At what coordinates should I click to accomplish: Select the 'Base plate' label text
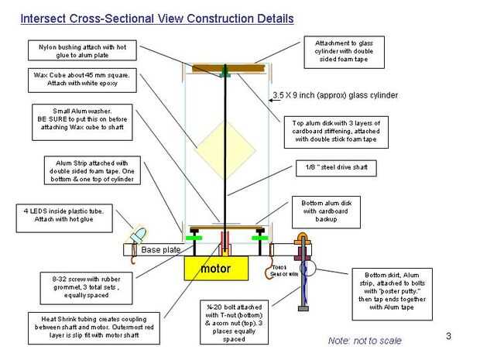click(x=160, y=250)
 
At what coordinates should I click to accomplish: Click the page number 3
click(x=448, y=335)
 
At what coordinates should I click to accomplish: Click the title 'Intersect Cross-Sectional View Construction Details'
click(x=156, y=17)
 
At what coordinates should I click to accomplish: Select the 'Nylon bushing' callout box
click(x=82, y=51)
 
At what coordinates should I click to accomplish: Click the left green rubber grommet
click(x=191, y=238)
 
